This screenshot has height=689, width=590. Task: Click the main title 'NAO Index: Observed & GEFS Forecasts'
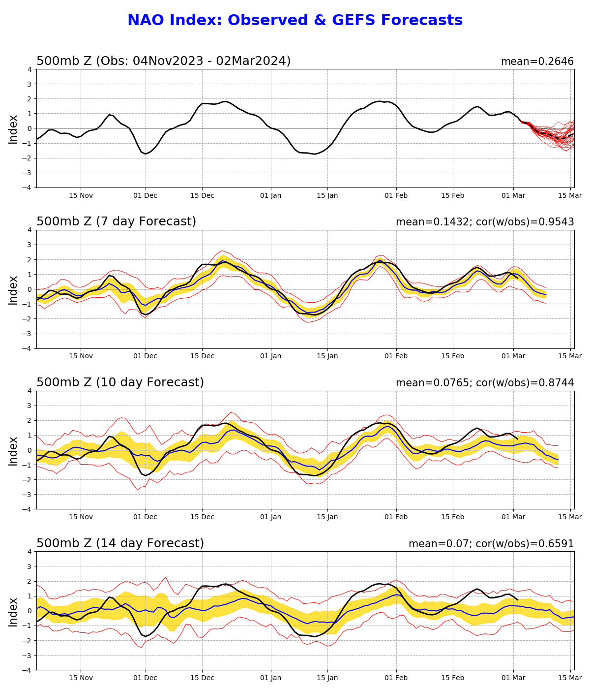[295, 21]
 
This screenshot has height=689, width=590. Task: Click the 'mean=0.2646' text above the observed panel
[537, 62]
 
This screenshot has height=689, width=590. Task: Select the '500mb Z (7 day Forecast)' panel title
[116, 221]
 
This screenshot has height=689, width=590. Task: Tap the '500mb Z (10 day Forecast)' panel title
[120, 382]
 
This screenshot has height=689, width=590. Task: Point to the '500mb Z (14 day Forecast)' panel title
[120, 543]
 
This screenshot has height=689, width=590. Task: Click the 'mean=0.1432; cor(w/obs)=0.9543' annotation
[484, 222]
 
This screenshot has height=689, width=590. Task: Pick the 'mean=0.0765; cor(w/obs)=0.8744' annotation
[484, 383]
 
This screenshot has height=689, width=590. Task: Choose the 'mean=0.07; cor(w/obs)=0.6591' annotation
[491, 544]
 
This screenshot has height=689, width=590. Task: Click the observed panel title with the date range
[163, 61]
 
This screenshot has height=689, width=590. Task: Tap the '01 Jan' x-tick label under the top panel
[271, 195]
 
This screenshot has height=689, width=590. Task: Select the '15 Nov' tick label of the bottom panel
[81, 678]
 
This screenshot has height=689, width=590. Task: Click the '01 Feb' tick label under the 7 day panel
[396, 356]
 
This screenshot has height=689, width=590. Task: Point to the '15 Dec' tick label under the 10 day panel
[202, 517]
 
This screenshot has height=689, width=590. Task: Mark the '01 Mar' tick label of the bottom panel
[513, 678]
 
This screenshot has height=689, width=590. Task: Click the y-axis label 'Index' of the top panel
[13, 129]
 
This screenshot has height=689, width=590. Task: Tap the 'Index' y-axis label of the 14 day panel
[13, 611]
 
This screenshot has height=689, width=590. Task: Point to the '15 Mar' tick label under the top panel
[570, 195]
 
